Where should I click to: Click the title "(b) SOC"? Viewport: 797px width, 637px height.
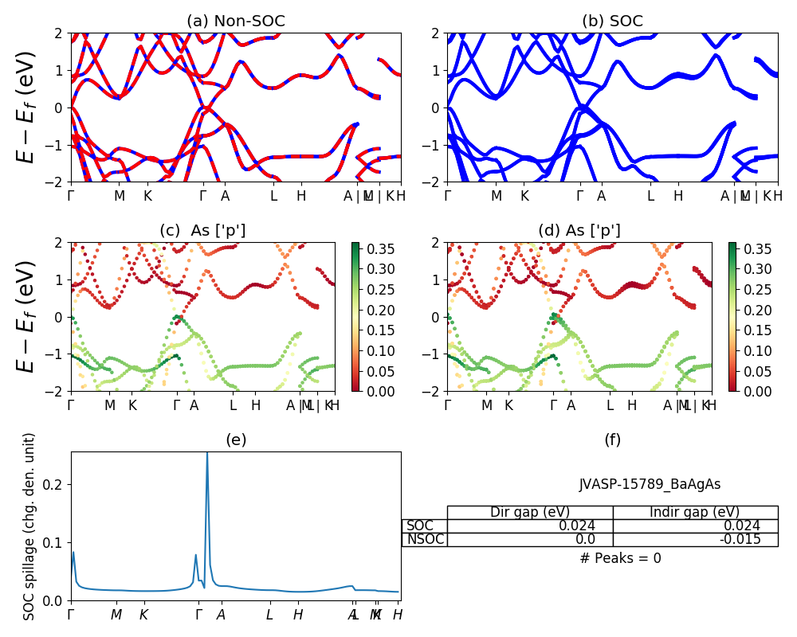(612, 21)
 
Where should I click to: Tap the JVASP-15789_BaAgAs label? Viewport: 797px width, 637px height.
(650, 484)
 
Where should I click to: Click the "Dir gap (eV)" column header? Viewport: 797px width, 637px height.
(529, 513)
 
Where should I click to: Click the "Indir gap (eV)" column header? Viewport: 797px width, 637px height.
(695, 513)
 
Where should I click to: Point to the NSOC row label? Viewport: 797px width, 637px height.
(425, 540)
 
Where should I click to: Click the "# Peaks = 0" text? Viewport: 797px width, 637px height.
(620, 559)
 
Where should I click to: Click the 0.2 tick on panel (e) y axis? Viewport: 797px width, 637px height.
(56, 484)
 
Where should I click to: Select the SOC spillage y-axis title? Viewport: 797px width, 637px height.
(29, 526)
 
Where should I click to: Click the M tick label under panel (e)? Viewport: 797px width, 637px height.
(116, 615)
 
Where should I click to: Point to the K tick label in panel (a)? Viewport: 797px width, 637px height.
(147, 195)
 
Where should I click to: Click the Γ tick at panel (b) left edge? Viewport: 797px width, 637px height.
(447, 195)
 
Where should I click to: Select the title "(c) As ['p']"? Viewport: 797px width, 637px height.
(202, 231)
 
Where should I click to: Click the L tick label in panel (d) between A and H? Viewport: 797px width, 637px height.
(610, 405)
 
